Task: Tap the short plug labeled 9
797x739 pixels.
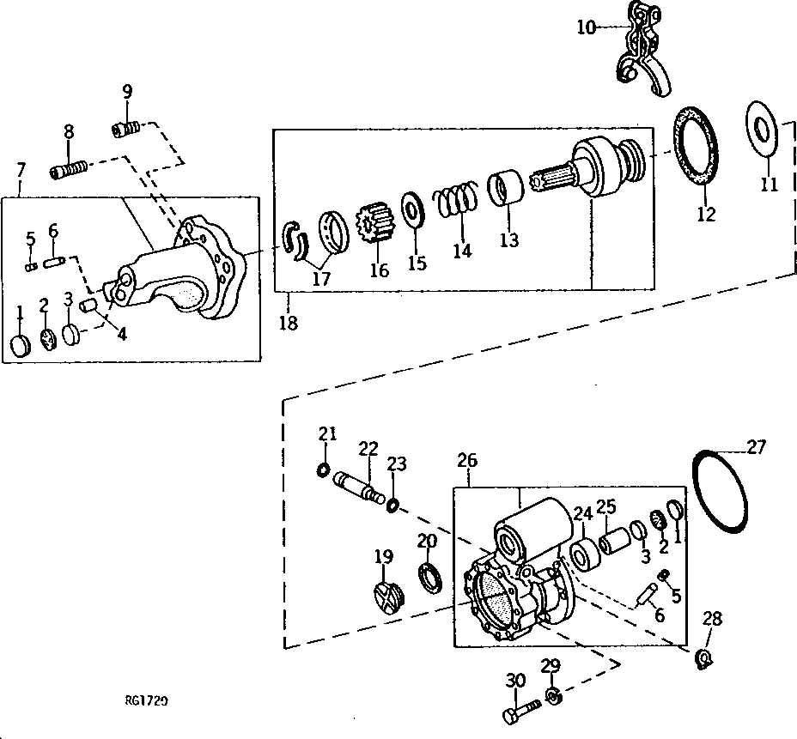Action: [125, 130]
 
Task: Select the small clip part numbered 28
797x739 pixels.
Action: [704, 657]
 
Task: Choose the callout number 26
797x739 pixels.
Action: [467, 462]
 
